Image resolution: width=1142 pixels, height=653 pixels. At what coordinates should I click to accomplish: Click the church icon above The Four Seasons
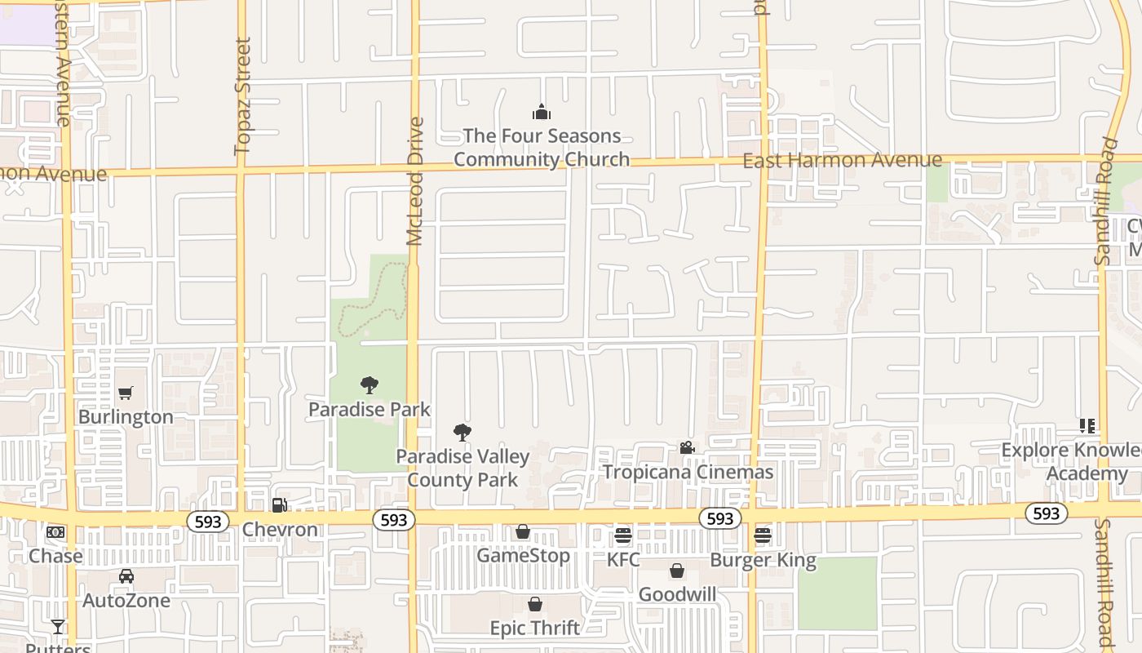coord(541,112)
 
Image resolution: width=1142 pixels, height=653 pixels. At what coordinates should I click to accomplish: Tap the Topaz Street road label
coord(242,96)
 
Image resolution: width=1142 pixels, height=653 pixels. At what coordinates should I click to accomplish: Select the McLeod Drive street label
coord(415,181)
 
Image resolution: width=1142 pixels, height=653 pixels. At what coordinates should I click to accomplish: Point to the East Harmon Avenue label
coord(842,160)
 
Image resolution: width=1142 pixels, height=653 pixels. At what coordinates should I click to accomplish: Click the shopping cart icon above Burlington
coord(126,393)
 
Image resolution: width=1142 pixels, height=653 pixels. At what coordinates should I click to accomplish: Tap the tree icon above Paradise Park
coord(370,384)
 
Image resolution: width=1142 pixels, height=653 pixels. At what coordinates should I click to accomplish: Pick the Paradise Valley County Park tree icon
coord(463,433)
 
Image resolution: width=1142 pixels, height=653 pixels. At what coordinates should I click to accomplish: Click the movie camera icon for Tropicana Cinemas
coord(687,448)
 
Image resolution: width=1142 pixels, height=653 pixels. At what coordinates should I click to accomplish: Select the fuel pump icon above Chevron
coord(279,505)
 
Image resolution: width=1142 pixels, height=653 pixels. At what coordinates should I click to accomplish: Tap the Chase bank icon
coord(55,532)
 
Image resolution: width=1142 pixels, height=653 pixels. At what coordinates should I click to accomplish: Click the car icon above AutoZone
coord(126,576)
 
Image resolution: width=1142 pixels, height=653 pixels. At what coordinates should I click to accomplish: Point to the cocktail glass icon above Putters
coord(58,626)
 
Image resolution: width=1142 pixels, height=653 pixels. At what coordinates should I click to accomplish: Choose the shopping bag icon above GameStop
coord(523,532)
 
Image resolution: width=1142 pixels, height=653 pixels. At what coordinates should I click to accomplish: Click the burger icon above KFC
coord(623,535)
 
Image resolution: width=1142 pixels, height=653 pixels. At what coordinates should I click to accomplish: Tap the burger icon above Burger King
coord(763,536)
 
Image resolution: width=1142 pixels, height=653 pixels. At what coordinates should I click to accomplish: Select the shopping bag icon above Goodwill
coord(677,571)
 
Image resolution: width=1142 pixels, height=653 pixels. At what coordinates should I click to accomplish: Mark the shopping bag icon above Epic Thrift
coord(535,604)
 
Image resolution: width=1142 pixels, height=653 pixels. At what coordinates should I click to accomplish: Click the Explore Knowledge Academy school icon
coord(1087,426)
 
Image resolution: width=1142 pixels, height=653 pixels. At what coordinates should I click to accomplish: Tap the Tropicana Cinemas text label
coord(688,472)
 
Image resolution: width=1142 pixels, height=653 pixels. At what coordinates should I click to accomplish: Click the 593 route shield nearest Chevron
coord(208,522)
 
